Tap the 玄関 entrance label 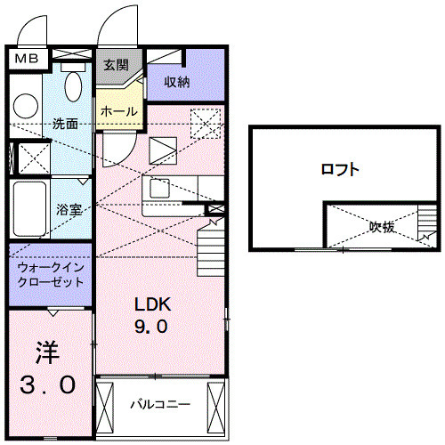(x=116, y=65)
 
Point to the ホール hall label (x=119, y=111)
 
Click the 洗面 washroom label (x=65, y=124)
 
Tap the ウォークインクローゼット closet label (x=51, y=274)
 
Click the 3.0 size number (x=48, y=384)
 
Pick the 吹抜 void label (x=383, y=227)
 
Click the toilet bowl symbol (x=74, y=86)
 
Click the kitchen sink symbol (x=160, y=189)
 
